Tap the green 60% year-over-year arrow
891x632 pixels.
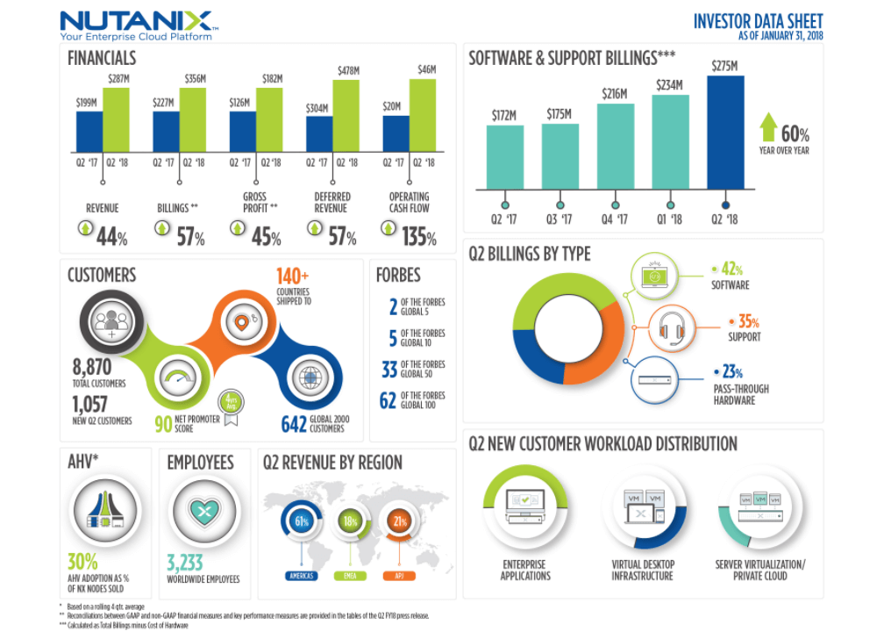point(768,128)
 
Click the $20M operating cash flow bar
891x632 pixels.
point(396,133)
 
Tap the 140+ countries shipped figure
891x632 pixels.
point(292,276)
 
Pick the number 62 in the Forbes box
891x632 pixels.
point(388,401)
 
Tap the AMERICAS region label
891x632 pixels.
point(303,577)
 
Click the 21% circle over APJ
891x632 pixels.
point(400,521)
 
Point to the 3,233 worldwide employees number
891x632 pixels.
point(186,563)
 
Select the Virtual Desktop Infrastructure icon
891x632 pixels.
point(642,509)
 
